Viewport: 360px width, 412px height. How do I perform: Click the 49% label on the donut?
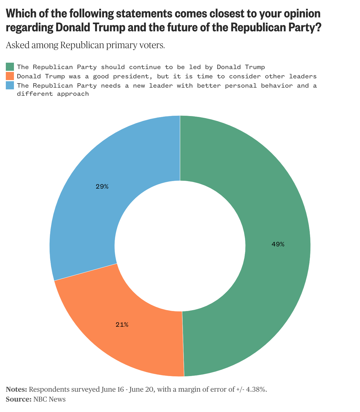pos(278,244)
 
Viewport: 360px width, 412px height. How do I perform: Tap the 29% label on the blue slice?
pos(102,187)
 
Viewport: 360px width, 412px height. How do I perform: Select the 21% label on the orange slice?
pos(122,325)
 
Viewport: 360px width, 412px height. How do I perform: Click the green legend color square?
pos(10,67)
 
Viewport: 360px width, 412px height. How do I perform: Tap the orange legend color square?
pos(10,76)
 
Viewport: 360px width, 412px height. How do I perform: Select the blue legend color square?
pos(10,86)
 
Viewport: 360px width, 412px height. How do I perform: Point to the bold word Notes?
pos(16,389)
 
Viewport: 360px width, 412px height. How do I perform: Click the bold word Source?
pos(18,399)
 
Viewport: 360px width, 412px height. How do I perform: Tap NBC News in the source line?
pos(49,399)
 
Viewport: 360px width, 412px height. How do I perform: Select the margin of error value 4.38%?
pos(256,389)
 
